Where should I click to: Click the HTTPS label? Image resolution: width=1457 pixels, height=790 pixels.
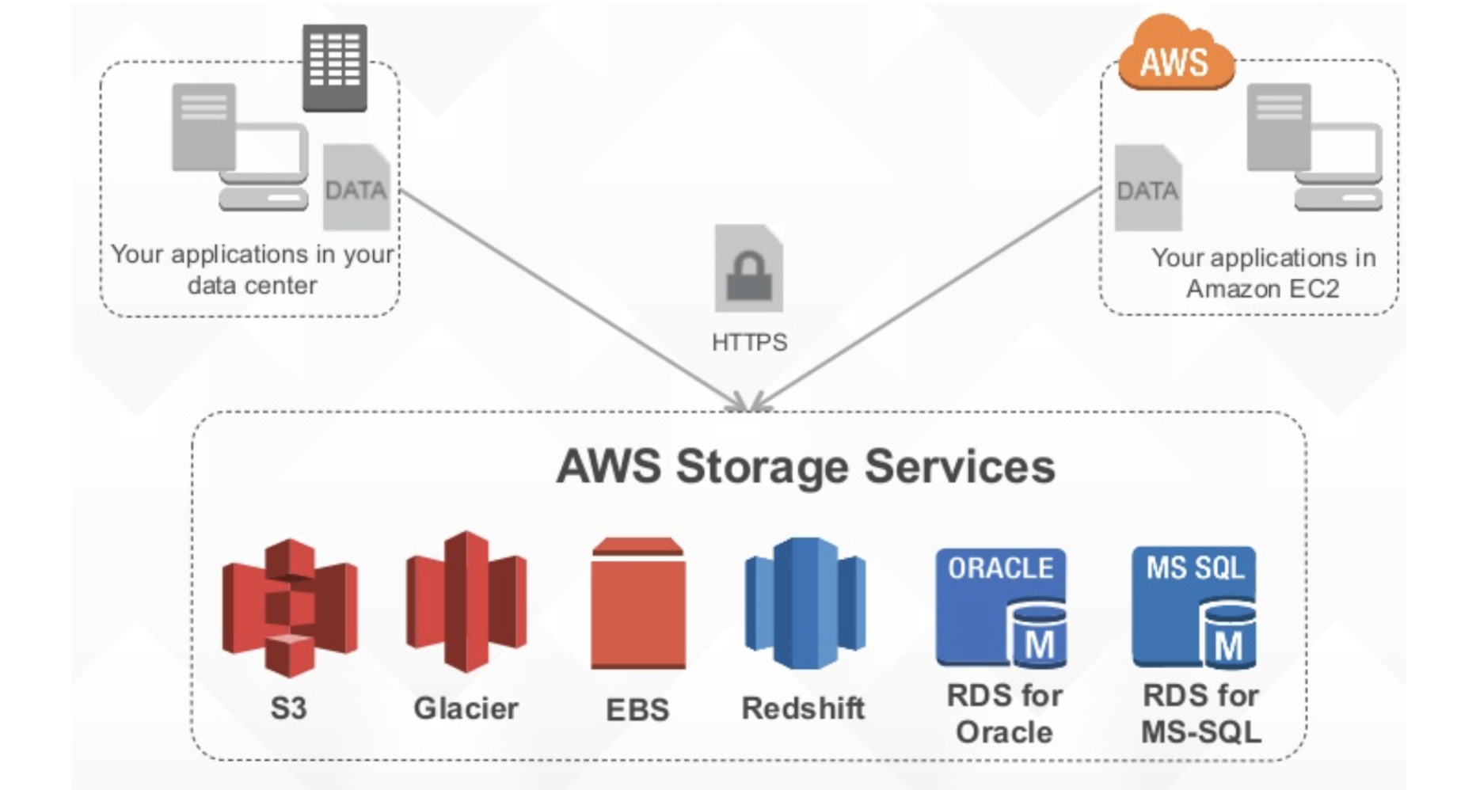pos(749,342)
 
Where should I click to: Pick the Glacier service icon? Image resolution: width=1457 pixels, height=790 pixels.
pos(466,602)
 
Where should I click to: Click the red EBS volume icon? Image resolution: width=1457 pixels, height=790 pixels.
pos(637,603)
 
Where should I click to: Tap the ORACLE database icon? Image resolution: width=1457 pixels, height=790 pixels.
pos(1001,606)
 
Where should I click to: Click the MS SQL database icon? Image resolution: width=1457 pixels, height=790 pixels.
pos(1195,606)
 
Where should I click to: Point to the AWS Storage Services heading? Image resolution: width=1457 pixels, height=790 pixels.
pos(805,466)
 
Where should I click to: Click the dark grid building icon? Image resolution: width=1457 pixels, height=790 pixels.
pos(334,66)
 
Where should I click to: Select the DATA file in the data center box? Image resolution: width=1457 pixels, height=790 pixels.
pos(356,188)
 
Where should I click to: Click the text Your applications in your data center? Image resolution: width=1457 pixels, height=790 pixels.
pos(252,269)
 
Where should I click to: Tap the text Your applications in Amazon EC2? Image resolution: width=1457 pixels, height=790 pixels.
pos(1263,273)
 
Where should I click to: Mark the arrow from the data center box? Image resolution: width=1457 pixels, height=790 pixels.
pos(570,298)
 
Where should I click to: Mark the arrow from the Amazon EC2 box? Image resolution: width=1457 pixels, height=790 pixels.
pos(926,298)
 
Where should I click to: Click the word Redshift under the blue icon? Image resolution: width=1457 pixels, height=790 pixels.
pos(803,708)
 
